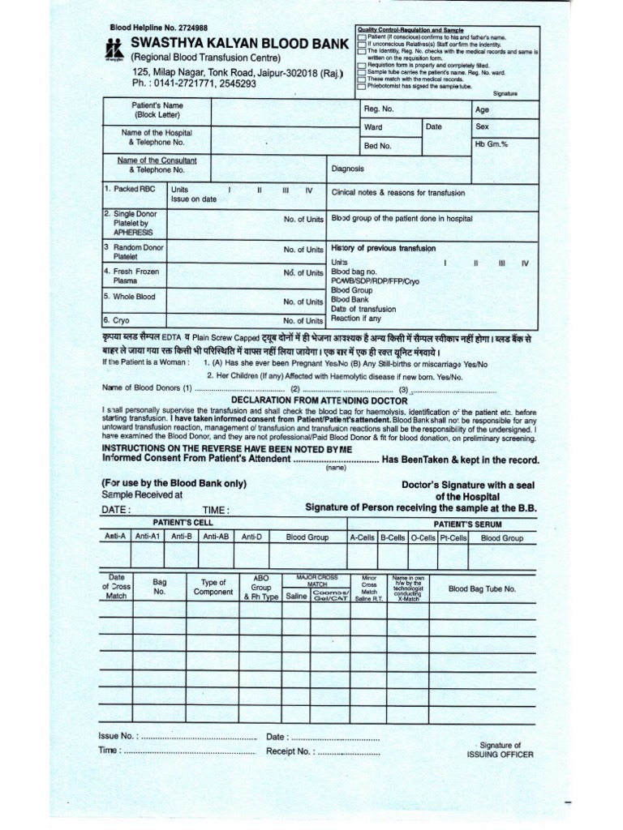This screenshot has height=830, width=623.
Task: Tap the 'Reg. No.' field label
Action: [379, 109]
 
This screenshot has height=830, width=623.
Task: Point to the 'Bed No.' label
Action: [377, 146]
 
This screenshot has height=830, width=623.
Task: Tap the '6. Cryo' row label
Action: [118, 320]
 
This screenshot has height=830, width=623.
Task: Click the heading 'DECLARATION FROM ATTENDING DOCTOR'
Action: [319, 400]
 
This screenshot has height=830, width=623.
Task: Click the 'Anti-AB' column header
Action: [216, 537]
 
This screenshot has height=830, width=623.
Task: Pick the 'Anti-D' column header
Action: [251, 537]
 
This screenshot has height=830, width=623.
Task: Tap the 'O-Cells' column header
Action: [423, 537]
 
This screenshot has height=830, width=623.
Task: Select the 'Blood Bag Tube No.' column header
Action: [482, 589]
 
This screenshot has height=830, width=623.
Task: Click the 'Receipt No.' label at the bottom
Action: [289, 751]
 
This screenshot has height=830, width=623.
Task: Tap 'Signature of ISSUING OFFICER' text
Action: [500, 750]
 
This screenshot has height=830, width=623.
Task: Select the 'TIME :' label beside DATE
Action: [216, 510]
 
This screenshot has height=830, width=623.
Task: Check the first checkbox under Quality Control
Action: [361, 38]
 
